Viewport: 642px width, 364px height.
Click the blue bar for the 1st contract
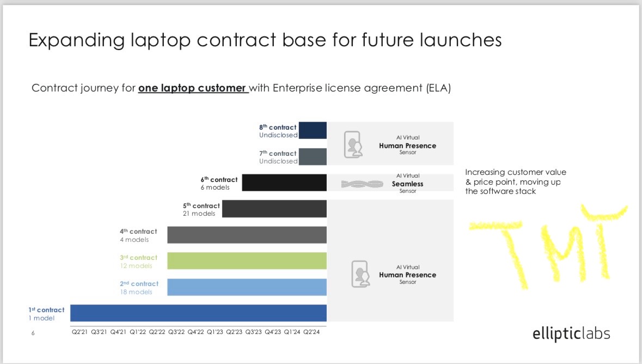pyautogui.click(x=198, y=313)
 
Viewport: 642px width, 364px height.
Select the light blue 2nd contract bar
pyautogui.click(x=247, y=287)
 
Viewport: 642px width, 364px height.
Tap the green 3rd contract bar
pyautogui.click(x=247, y=260)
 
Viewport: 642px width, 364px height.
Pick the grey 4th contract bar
pyautogui.click(x=247, y=235)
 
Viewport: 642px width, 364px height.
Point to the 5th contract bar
pyautogui.click(x=274, y=209)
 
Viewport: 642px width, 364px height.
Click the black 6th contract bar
pyautogui.click(x=284, y=183)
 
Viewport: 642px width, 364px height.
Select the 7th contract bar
pyautogui.click(x=313, y=156)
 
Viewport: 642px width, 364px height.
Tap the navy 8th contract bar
pyautogui.click(x=313, y=130)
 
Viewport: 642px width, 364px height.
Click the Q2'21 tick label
pyautogui.click(x=80, y=332)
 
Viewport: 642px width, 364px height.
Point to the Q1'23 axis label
pyautogui.click(x=215, y=332)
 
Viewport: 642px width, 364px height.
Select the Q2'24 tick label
pyautogui.click(x=311, y=332)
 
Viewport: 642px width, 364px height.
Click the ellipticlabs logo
pyautogui.click(x=571, y=334)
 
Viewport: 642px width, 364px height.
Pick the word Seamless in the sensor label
pyautogui.click(x=407, y=184)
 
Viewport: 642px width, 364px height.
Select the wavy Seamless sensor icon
pyautogui.click(x=362, y=184)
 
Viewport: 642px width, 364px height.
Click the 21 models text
pyautogui.click(x=199, y=214)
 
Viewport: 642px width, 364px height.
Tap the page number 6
pyautogui.click(x=33, y=333)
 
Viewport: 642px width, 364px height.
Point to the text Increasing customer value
pyautogui.click(x=516, y=172)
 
